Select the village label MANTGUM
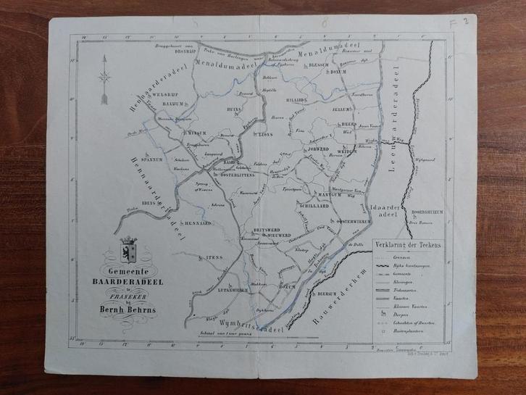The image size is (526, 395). pyautogui.click(x=328, y=195)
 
